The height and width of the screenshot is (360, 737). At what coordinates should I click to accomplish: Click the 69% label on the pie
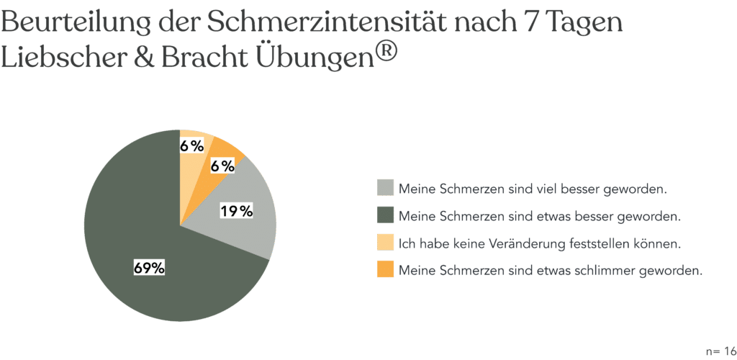tap(150, 269)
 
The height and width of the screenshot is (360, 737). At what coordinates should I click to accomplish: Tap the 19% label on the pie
tap(237, 211)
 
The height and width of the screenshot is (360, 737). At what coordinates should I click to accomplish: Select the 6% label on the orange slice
tap(222, 166)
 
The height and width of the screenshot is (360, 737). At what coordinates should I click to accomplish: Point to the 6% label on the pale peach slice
tap(192, 146)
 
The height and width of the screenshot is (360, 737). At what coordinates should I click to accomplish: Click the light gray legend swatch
tap(385, 188)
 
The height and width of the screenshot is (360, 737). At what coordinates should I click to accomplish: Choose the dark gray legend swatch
tap(385, 215)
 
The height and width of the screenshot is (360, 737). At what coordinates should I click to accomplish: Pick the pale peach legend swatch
tap(385, 243)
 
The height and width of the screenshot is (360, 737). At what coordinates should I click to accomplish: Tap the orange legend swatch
tap(385, 270)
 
